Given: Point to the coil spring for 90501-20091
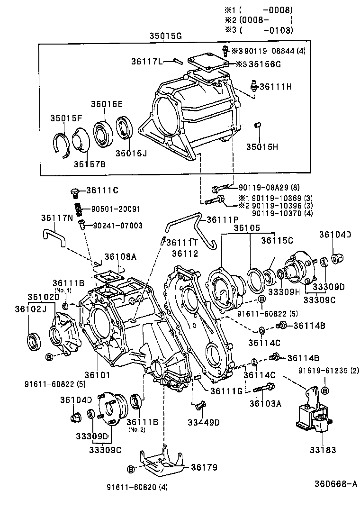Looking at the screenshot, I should pos(77,209).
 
